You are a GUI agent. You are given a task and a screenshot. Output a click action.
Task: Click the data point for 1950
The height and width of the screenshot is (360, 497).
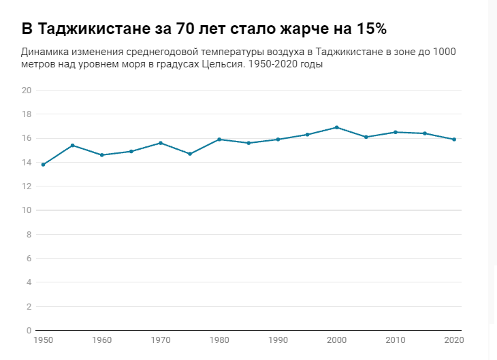[43, 165]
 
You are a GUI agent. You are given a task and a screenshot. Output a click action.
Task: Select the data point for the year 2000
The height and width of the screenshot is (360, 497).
[337, 127]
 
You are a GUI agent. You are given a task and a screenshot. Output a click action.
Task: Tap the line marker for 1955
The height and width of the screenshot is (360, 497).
[72, 146]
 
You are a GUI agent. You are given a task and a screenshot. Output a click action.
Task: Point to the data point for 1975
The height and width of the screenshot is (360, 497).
[190, 154]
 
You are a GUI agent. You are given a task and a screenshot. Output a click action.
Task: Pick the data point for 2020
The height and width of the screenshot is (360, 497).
[454, 140]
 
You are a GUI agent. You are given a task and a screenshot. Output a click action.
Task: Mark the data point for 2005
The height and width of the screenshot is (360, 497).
[366, 137]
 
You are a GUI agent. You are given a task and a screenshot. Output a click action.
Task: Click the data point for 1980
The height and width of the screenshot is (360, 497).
[219, 140]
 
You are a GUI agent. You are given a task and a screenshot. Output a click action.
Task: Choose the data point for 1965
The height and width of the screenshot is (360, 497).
[131, 151]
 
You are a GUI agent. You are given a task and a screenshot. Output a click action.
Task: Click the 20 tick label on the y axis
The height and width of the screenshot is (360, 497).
[27, 91]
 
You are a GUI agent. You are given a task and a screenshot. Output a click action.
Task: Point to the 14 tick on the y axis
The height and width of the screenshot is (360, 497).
[27, 163]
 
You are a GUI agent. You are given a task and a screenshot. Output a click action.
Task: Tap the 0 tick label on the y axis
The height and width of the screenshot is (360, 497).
[29, 331]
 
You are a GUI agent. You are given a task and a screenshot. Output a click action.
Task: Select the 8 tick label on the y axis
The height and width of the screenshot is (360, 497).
[29, 235]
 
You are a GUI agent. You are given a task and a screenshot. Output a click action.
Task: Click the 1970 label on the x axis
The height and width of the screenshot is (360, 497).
[160, 340]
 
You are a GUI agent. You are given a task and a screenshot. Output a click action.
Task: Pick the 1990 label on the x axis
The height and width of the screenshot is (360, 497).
[278, 340]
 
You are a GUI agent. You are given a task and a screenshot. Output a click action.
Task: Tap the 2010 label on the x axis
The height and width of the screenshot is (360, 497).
[396, 340]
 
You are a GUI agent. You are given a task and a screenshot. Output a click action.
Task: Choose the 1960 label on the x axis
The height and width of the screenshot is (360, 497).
[101, 340]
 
